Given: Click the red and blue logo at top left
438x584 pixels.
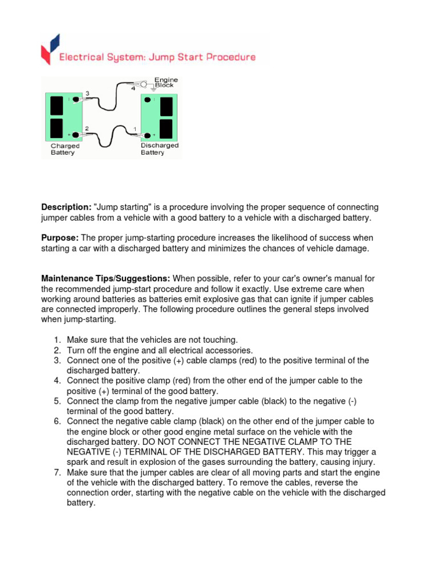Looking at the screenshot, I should [x=49, y=49].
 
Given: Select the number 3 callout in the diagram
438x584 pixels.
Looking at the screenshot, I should [x=87, y=94].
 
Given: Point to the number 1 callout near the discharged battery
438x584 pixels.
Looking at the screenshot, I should [x=135, y=129].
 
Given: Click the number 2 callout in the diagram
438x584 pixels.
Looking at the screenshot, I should [x=87, y=128].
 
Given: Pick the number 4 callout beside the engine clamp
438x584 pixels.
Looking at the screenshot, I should [x=133, y=88].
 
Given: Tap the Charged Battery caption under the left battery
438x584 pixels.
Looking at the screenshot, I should [x=64, y=149].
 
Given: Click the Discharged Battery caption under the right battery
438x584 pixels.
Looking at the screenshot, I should [x=159, y=149].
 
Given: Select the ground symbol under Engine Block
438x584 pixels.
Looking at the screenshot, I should [x=153, y=90].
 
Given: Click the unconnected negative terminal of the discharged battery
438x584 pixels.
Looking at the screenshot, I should [x=147, y=100].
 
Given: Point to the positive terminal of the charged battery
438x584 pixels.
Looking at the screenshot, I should [x=75, y=135].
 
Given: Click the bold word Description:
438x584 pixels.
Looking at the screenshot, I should [x=66, y=208].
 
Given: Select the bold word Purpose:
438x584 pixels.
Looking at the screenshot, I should [x=60, y=238].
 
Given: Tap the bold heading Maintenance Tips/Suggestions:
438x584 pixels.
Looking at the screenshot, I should [x=106, y=279].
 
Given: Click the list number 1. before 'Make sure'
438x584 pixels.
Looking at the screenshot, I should [x=58, y=340].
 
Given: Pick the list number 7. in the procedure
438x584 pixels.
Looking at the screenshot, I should [x=58, y=473].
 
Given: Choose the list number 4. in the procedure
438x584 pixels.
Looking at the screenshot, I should [x=58, y=381].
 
